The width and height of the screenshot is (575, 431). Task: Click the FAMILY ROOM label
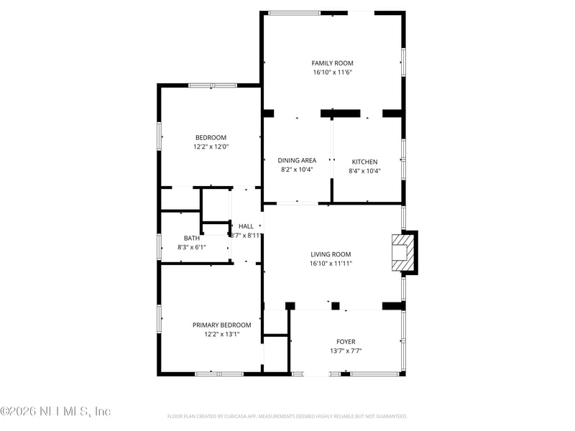tap(332, 63)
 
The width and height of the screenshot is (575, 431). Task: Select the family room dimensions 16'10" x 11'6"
tap(332, 73)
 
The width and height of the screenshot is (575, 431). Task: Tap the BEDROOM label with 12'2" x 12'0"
tap(211, 138)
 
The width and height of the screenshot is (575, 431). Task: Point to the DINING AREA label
tap(297, 161)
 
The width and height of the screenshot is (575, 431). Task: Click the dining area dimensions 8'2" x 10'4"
tap(297, 170)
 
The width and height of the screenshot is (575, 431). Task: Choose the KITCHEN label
tap(364, 162)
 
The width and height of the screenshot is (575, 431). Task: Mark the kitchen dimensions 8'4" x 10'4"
tap(364, 171)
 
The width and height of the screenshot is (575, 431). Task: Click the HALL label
tap(246, 226)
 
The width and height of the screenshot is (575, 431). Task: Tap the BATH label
tap(192, 238)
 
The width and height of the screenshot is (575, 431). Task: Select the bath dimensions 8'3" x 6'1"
tap(192, 248)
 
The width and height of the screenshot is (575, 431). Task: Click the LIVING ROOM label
tap(331, 254)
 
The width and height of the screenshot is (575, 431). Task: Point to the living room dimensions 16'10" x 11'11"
tap(331, 264)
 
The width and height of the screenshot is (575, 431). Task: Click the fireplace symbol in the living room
tap(401, 253)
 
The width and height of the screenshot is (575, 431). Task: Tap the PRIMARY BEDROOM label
tap(221, 325)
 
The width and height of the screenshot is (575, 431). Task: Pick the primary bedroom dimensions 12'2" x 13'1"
tap(221, 334)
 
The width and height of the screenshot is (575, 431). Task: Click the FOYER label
tap(346, 342)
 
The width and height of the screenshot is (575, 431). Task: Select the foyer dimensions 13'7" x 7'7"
tap(346, 351)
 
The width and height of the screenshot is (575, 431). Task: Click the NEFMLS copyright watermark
tap(55, 412)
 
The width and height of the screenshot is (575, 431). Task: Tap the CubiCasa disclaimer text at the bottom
tap(287, 417)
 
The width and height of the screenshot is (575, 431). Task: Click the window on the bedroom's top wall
tap(212, 85)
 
